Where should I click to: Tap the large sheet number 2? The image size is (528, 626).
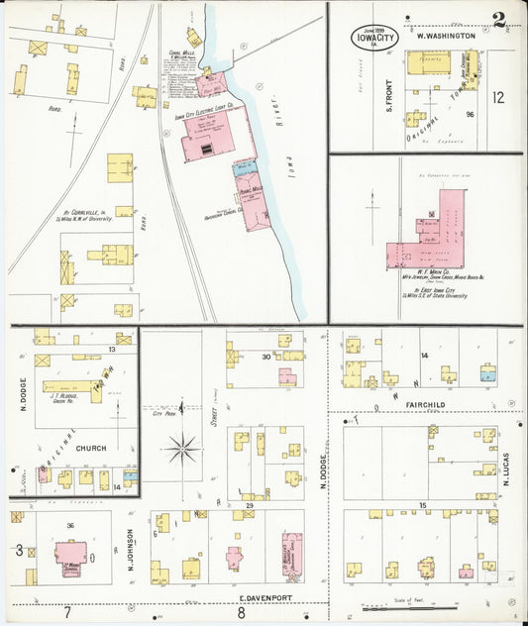click(x=500, y=17)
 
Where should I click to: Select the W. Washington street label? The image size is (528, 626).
click(x=446, y=35)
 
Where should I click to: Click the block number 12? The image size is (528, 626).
click(x=498, y=97)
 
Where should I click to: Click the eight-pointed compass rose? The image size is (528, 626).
click(x=181, y=450)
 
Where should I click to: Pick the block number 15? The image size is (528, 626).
click(x=422, y=506)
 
